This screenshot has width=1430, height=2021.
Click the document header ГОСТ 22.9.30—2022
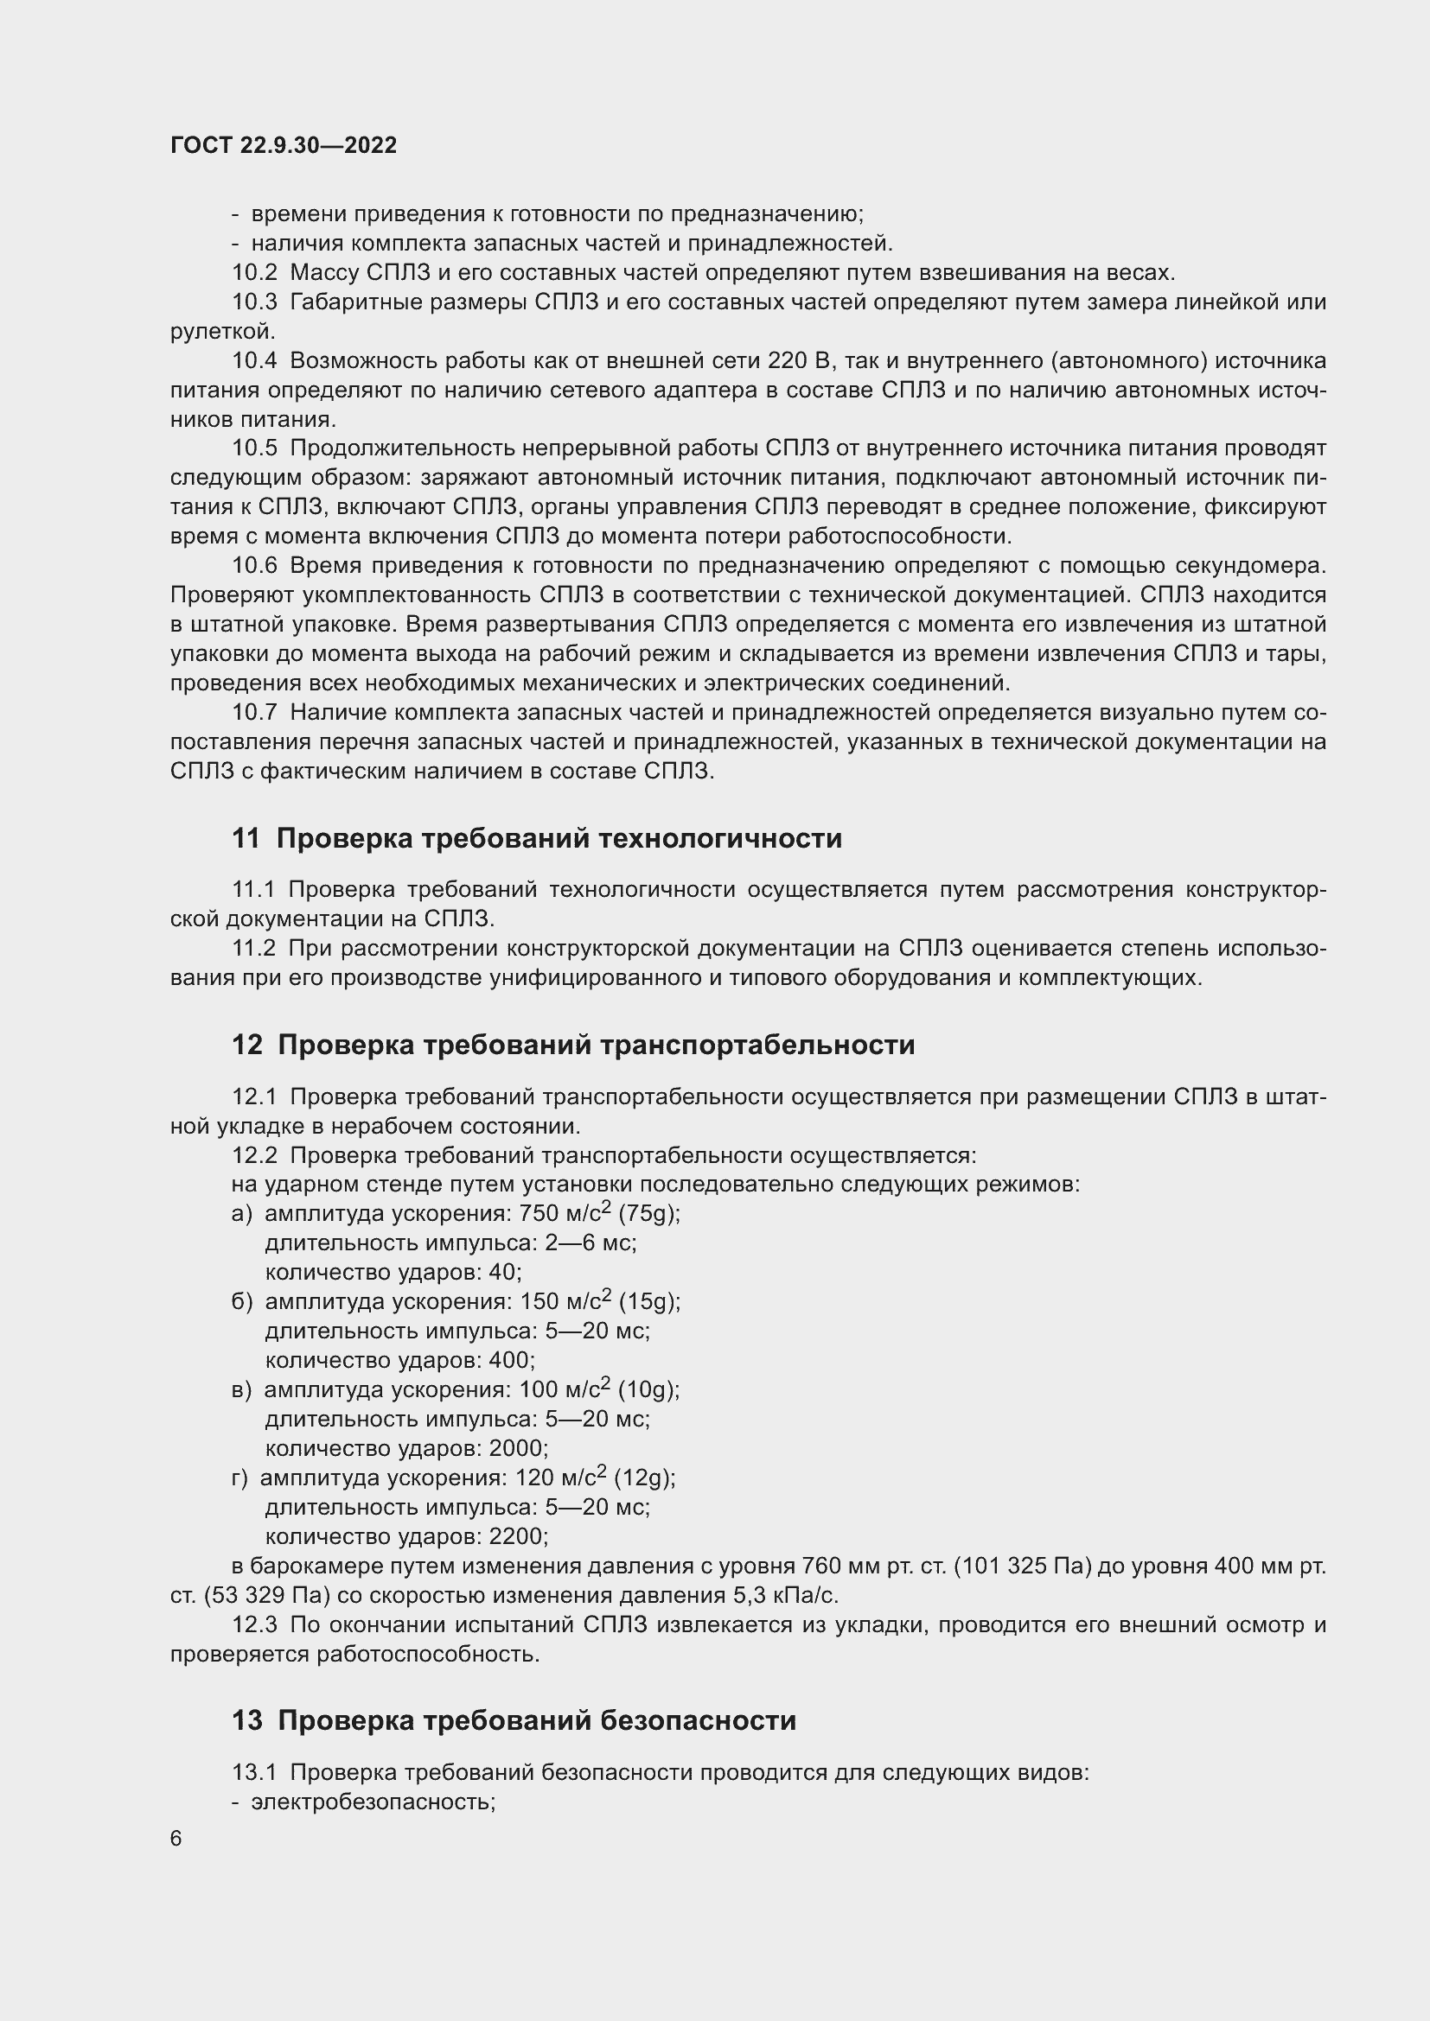coord(284,145)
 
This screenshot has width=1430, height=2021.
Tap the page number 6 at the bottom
coord(176,1839)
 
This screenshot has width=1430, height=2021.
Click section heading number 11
coord(246,838)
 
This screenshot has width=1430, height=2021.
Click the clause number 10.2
coord(254,272)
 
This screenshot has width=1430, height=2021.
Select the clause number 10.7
coord(254,712)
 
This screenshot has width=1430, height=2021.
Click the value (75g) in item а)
coord(649,1214)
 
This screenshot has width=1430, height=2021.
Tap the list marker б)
coord(242,1302)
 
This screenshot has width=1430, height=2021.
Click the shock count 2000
coord(519,1448)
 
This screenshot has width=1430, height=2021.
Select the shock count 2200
coord(519,1536)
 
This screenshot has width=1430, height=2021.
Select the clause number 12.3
coord(254,1625)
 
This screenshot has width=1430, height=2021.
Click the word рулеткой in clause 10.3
coord(222,331)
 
